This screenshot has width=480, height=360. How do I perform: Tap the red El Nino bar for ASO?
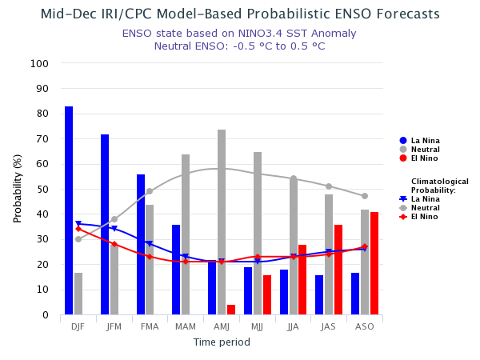tap(374, 263)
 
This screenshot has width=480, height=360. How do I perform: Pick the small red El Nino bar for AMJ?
tap(231, 310)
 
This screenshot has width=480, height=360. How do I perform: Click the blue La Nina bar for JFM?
tap(105, 225)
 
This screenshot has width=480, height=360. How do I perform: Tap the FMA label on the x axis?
tap(150, 327)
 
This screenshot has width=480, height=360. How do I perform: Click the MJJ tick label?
tap(257, 327)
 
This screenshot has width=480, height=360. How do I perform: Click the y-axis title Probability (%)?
tap(18, 189)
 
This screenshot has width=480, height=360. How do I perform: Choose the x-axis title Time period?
tap(222, 342)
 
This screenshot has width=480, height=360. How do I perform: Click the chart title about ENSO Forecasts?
tap(240, 14)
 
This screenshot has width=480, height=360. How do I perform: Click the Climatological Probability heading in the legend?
tap(439, 186)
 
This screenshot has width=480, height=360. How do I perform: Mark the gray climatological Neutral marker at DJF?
tap(78, 239)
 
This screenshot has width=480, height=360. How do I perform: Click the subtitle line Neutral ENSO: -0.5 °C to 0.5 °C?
tap(240, 46)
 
